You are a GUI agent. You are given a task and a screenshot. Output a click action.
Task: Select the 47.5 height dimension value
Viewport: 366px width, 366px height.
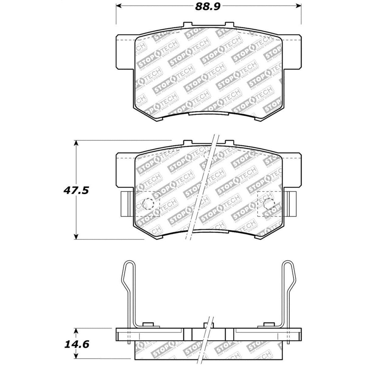(x=76, y=191)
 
